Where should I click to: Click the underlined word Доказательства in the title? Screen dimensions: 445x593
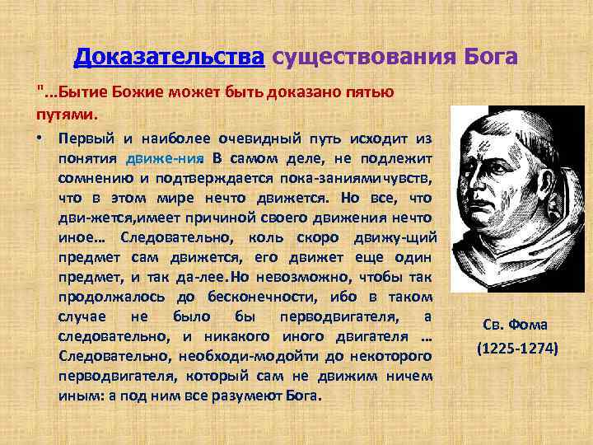[x=169, y=57]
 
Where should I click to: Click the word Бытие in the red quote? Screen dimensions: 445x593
[x=77, y=92]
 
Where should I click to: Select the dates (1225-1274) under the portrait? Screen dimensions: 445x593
[x=517, y=349]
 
